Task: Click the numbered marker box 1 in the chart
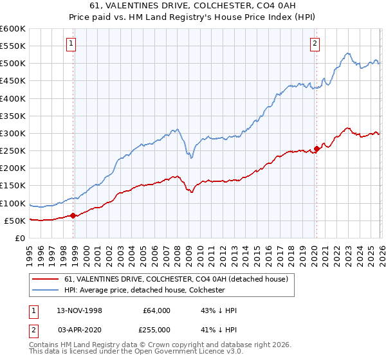71,44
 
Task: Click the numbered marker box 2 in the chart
315,44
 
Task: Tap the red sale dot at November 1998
73,216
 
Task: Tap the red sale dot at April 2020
316,149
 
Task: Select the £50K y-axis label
15,221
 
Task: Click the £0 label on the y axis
20,239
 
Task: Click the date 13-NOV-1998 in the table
80,310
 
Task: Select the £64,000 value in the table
156,310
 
